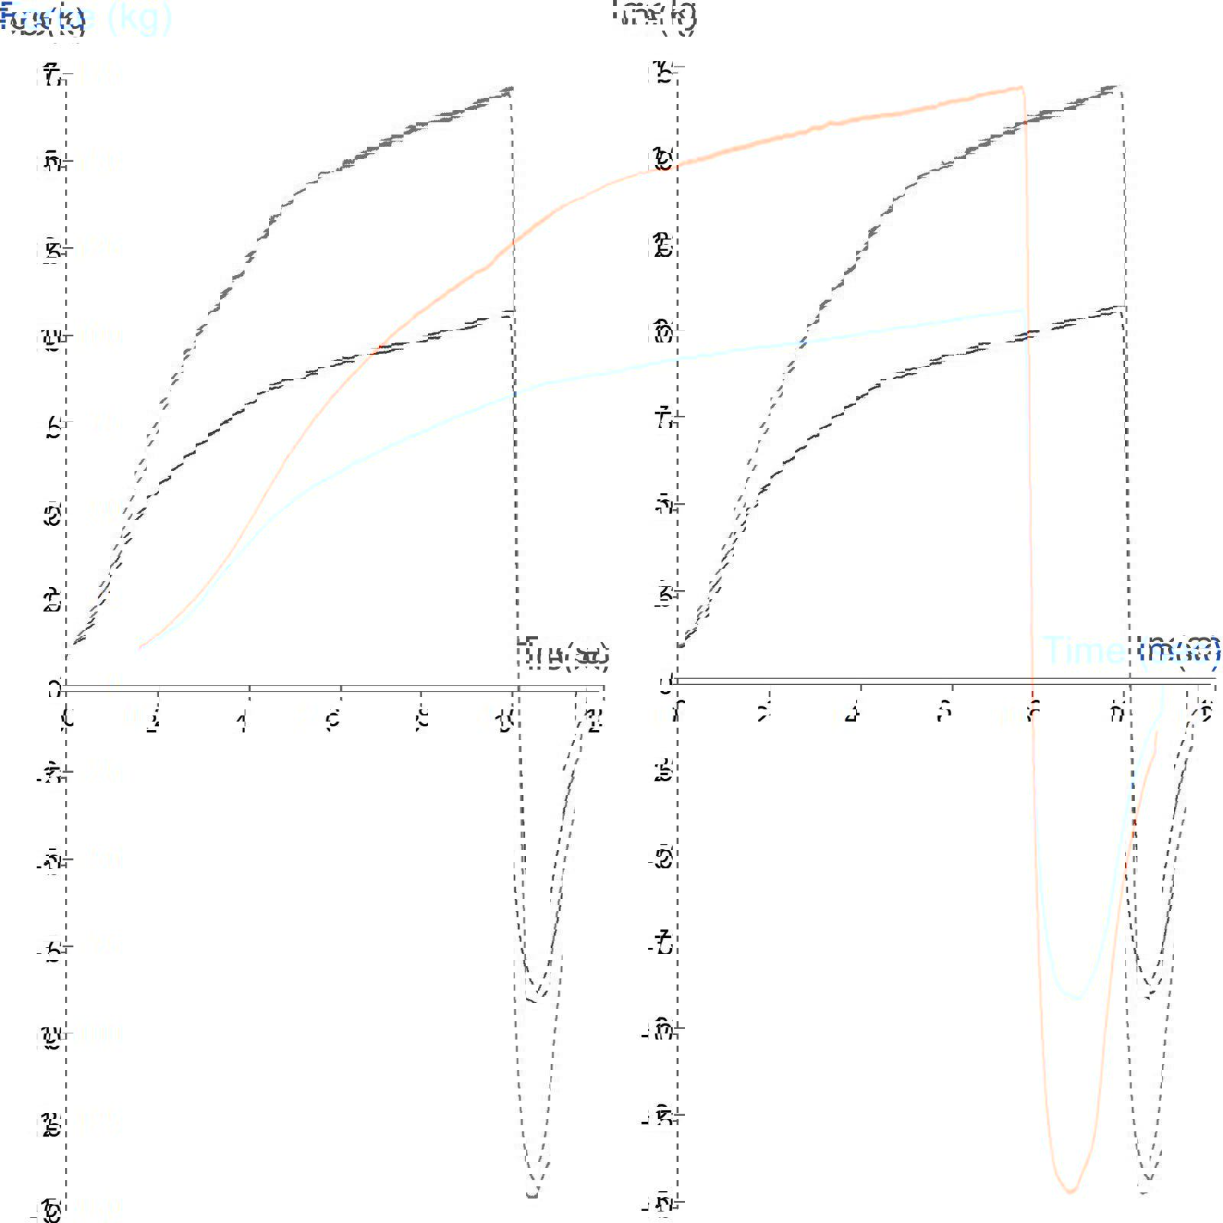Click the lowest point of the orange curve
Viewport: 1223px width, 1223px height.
pos(1070,1191)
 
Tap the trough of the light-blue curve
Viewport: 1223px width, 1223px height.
pos(1078,997)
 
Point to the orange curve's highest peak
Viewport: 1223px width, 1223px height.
pos(1020,87)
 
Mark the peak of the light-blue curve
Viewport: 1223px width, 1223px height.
pos(1021,310)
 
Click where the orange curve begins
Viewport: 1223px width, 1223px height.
pos(140,648)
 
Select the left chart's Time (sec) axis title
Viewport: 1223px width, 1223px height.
pos(564,654)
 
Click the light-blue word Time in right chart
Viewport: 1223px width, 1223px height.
pos(1083,650)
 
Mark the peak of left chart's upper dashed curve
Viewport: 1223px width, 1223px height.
pos(510,88)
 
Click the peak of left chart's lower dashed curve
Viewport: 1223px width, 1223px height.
pos(510,312)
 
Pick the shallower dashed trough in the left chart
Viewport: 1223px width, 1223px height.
pos(539,998)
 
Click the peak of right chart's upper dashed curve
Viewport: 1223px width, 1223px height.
pos(1121,86)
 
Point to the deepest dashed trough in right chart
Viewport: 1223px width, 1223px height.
pos(1145,1191)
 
